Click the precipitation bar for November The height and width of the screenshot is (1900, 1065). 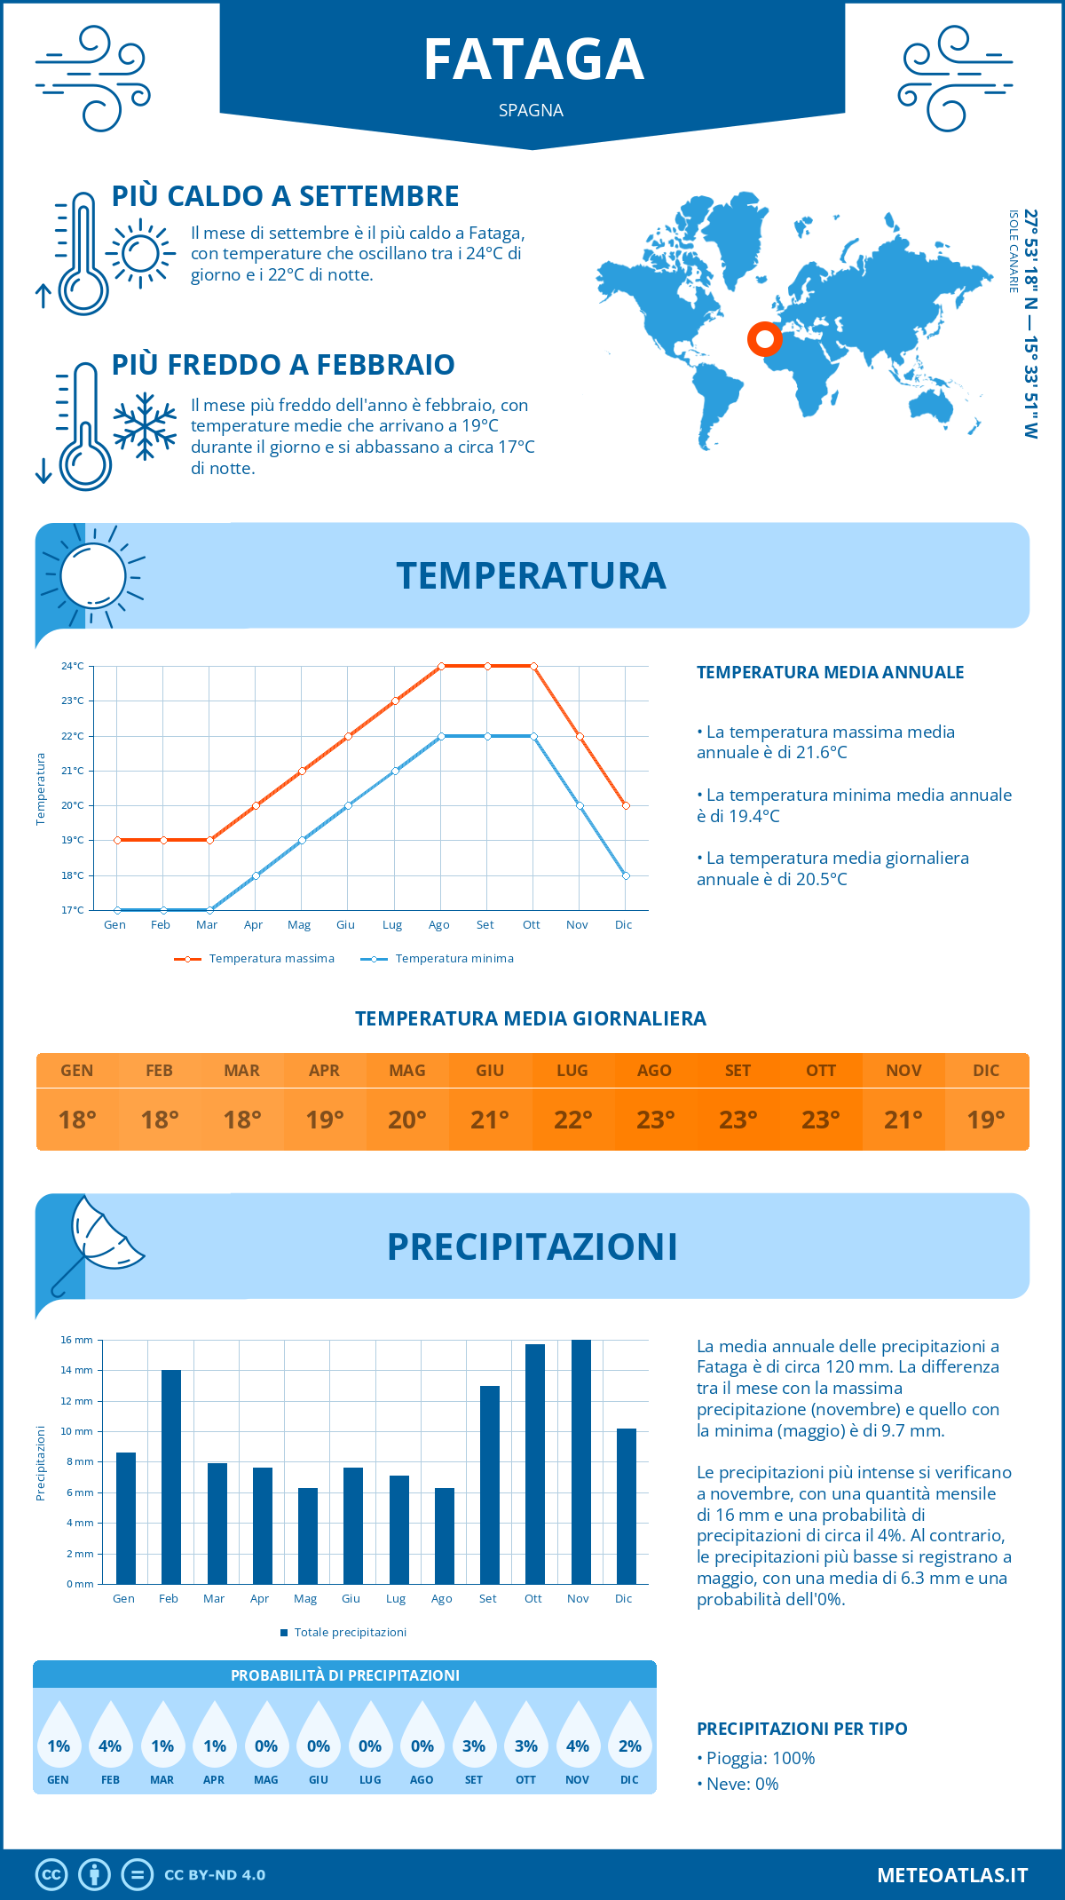(x=580, y=1461)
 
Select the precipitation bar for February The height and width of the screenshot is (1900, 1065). (x=170, y=1476)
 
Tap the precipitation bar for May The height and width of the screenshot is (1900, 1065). (x=307, y=1535)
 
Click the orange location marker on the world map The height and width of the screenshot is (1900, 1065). (x=764, y=338)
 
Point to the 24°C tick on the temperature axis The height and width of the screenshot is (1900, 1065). (x=73, y=666)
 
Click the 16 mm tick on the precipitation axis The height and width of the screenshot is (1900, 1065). (x=77, y=1340)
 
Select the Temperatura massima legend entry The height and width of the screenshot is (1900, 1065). (x=255, y=959)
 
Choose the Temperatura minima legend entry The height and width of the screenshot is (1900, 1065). (x=438, y=959)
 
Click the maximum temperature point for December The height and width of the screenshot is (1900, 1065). (x=626, y=805)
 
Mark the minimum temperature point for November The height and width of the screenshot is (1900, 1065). (x=580, y=805)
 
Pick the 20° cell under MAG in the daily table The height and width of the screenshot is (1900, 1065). (x=407, y=1120)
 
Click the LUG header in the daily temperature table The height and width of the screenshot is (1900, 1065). (x=572, y=1070)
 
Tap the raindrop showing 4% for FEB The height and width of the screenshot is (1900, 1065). (x=110, y=1740)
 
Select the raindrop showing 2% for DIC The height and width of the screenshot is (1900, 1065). (x=629, y=1740)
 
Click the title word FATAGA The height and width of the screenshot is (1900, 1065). (x=533, y=59)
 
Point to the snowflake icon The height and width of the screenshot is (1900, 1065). (x=145, y=426)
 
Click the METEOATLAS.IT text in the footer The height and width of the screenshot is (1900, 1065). (x=952, y=1874)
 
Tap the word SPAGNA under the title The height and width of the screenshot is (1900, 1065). (x=531, y=110)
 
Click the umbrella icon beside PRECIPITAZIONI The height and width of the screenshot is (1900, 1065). (x=98, y=1240)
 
